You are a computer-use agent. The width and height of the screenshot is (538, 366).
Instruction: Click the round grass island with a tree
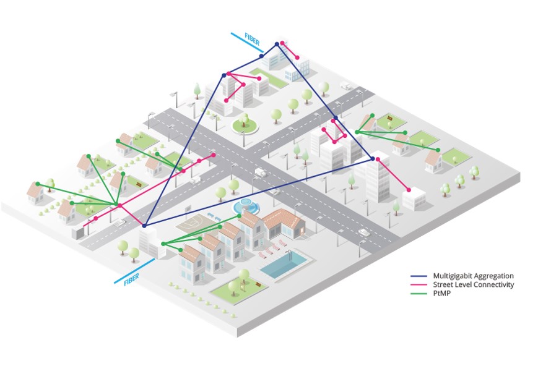click(245, 126)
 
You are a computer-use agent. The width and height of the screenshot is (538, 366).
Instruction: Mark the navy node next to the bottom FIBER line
click(145, 224)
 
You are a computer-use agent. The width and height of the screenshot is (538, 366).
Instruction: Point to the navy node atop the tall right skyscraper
click(373, 160)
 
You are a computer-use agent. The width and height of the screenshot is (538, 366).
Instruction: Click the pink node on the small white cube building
click(409, 189)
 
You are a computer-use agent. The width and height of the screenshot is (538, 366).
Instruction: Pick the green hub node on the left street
click(117, 205)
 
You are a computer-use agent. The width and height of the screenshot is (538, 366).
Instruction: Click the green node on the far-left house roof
click(38, 184)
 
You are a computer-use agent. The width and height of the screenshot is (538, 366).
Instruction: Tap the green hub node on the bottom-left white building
click(163, 244)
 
